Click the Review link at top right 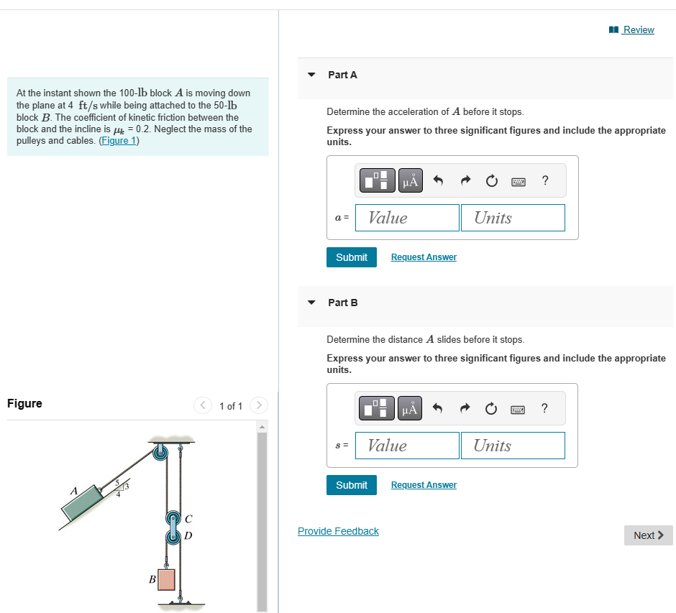638,29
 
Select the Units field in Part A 513,218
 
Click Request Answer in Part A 424,257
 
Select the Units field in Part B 513,446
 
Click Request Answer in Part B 424,485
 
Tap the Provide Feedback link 338,531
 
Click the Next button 648,535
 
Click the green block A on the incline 85,504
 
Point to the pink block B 166,579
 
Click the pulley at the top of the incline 160,451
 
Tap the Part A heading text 342,75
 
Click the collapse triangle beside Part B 311,303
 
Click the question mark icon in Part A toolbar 545,181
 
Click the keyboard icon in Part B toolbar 519,410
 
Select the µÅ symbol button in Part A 410,181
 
